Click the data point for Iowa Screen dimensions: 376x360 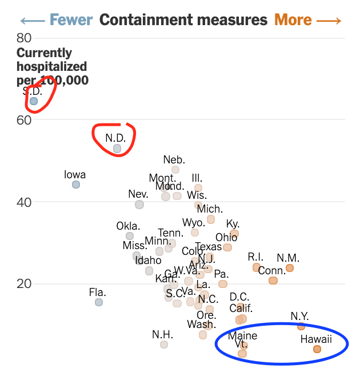[x=76, y=185]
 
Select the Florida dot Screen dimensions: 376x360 [x=99, y=302]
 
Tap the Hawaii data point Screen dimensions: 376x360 [x=317, y=349]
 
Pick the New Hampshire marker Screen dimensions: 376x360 [x=164, y=345]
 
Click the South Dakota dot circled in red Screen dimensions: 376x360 [x=34, y=101]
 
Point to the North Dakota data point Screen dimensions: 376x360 [x=117, y=149]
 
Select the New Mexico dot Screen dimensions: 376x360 [x=290, y=268]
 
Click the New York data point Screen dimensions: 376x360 [x=301, y=326]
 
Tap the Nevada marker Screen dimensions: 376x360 [x=139, y=205]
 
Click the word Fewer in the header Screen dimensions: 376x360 [x=71, y=20]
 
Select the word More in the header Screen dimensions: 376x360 [x=293, y=20]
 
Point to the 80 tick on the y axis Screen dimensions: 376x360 [x=24, y=38]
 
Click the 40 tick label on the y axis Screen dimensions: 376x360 [x=24, y=202]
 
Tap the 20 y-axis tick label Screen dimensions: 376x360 [x=24, y=283]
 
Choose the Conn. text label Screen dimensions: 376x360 [x=272, y=270]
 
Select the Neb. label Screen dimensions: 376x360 [x=174, y=159]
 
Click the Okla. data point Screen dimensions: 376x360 [x=130, y=236]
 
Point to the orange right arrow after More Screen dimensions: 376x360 [x=329, y=21]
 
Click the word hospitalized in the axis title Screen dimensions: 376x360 [x=53, y=66]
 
